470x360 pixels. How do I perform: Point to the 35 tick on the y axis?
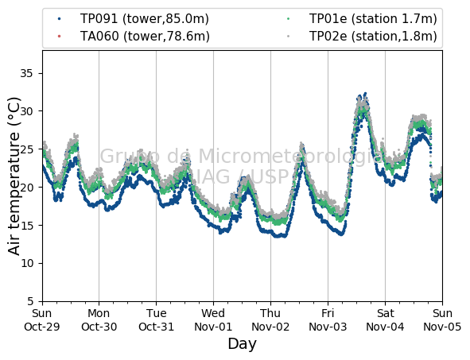[x=26, y=73]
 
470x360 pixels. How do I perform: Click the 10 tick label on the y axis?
[x=26, y=263]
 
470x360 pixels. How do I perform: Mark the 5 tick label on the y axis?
[x=30, y=301]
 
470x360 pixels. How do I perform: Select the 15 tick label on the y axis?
[x=26, y=225]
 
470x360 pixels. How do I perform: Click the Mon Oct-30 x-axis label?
[x=99, y=319]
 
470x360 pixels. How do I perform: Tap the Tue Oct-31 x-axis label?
[x=156, y=319]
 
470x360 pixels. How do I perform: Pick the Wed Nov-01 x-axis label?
[x=213, y=319]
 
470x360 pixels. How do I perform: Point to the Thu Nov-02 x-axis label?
[x=270, y=319]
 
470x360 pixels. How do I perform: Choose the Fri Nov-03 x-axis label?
[x=328, y=319]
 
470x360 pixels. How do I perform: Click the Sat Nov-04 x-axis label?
[x=385, y=319]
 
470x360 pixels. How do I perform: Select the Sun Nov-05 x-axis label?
[x=442, y=319]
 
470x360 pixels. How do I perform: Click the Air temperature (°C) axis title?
[x=14, y=176]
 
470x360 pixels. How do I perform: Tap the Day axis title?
[x=243, y=344]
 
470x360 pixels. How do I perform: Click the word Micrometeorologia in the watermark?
[x=290, y=157]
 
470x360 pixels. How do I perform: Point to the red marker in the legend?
[x=59, y=37]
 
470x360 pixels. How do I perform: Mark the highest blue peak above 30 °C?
[x=365, y=94]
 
